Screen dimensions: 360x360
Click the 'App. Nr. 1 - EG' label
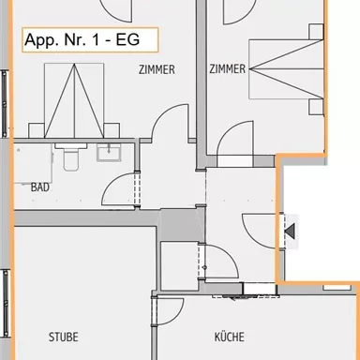coord(88,41)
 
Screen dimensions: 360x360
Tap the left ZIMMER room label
coord(157,69)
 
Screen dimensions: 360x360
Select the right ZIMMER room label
coord(228,68)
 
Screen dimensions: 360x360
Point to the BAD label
coord(40,187)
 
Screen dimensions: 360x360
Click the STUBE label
coord(64,337)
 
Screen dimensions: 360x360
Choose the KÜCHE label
coord(229,337)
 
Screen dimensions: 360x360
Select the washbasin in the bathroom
coord(114,153)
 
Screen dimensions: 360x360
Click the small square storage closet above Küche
coord(179,263)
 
